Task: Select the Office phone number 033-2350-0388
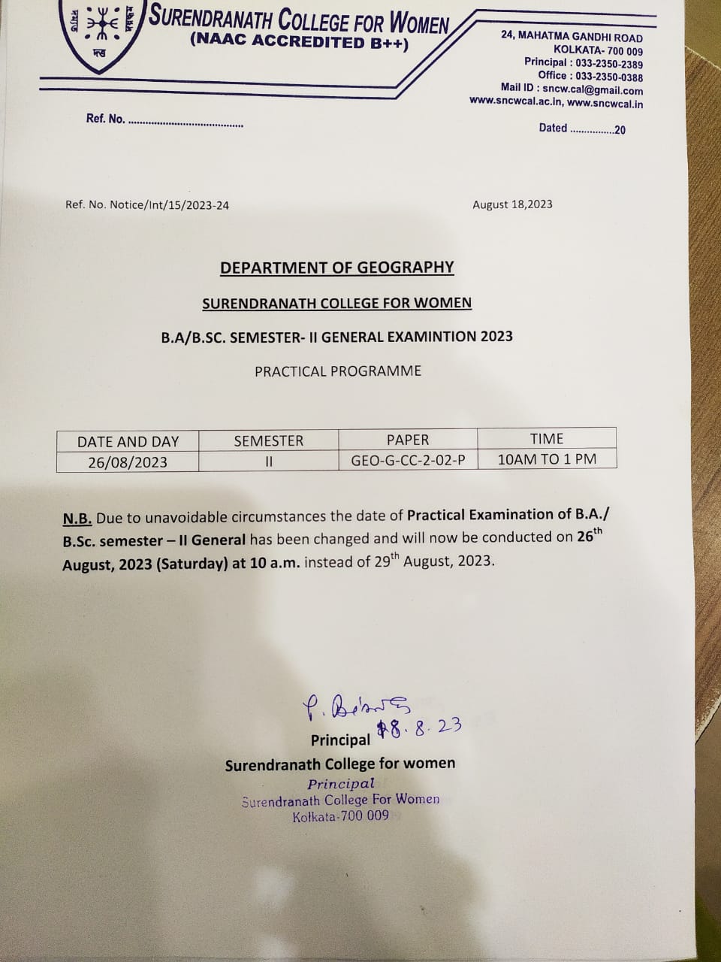(609, 77)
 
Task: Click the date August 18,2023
(512, 204)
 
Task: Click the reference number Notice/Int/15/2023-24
(169, 204)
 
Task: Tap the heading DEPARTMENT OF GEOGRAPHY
(337, 268)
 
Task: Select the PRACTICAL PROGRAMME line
(338, 371)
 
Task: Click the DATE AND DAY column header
(128, 441)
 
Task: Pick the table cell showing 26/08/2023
(128, 461)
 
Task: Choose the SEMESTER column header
(268, 441)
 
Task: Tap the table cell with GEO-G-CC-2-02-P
(408, 460)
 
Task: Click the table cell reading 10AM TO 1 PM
(547, 458)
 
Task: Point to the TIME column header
(546, 439)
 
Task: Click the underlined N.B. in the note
(77, 517)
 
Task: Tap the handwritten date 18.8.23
(418, 728)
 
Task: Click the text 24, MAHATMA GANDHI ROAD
(572, 37)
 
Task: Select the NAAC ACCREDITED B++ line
(300, 43)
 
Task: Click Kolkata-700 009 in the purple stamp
(341, 816)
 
